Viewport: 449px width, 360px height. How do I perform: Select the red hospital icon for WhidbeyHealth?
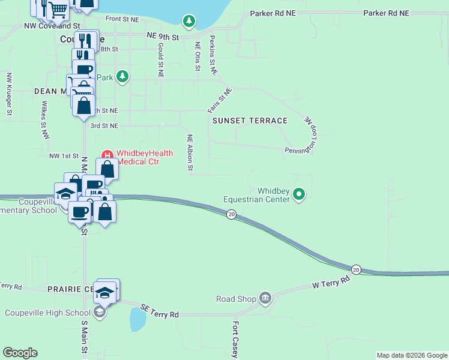click(x=108, y=154)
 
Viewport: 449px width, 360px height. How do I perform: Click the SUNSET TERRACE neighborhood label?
click(x=250, y=121)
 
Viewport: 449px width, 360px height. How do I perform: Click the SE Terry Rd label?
click(x=160, y=311)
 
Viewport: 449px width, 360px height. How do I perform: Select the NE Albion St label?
click(x=190, y=152)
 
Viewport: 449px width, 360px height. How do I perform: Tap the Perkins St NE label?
click(x=212, y=55)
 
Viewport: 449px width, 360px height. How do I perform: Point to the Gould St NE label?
click(x=160, y=60)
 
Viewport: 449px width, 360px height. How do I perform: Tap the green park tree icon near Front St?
click(x=190, y=22)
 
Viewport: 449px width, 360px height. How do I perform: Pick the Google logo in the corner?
click(x=20, y=353)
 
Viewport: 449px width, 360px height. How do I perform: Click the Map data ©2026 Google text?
click(x=412, y=355)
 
